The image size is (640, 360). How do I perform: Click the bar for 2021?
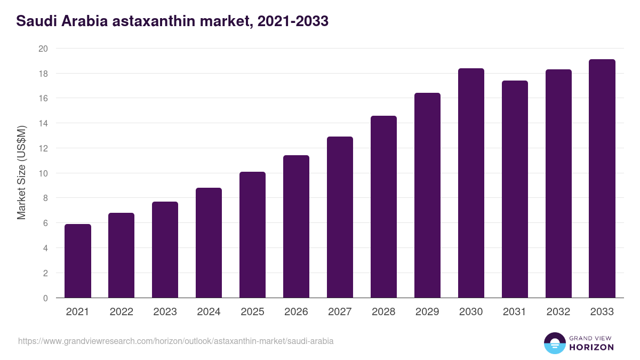point(78,261)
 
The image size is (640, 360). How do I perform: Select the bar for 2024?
point(209,243)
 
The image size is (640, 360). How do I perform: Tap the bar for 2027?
point(340,217)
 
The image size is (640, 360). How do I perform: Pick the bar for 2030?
point(471,183)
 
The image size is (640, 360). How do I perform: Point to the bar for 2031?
point(515,189)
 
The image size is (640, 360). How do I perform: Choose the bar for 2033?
point(602,179)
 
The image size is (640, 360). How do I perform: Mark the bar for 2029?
point(427,195)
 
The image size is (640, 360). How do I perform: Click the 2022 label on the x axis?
point(122,312)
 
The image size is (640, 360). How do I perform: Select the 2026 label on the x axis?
point(296,312)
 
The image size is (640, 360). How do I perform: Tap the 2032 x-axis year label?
point(558,312)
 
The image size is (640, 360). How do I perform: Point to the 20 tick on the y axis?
point(43,49)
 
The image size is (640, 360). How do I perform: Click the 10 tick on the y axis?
point(43,173)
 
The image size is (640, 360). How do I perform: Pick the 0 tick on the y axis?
point(45,298)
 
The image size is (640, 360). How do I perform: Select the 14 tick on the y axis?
point(43,123)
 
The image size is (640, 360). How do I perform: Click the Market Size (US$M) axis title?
point(21,173)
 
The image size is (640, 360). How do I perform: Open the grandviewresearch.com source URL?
point(176,341)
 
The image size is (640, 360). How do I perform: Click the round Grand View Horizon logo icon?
point(554,343)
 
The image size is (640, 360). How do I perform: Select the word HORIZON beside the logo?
point(591,347)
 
